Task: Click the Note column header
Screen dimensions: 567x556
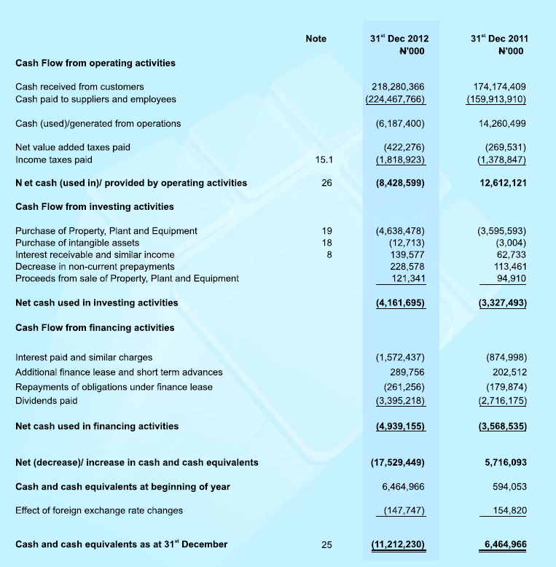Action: coord(316,39)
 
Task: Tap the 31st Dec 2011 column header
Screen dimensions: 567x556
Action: coord(499,44)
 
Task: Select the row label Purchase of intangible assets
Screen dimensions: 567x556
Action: coord(77,243)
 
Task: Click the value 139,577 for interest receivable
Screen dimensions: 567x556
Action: coord(405,254)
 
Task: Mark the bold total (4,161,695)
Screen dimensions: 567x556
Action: coord(397,302)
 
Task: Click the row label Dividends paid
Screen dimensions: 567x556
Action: coord(46,401)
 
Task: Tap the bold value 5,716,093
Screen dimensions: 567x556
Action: coord(505,463)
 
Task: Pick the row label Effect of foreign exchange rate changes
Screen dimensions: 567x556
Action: coord(99,510)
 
